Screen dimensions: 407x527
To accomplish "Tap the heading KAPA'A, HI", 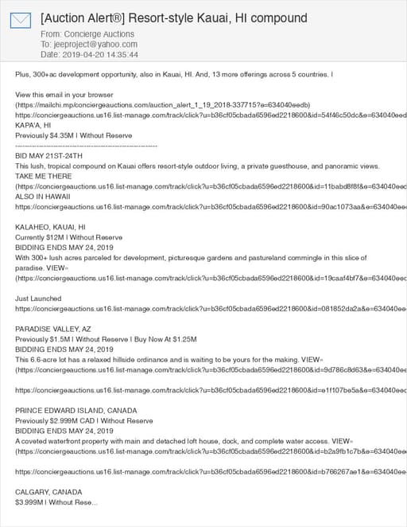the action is pos(33,125).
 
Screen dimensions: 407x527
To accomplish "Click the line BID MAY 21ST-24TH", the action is pos(48,156).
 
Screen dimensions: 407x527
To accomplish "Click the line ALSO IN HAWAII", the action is pos(43,196).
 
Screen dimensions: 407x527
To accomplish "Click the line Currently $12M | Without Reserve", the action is pos(69,237).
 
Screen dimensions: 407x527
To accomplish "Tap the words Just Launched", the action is pos(39,298).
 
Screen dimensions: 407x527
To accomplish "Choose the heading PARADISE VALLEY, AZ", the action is pos(53,328).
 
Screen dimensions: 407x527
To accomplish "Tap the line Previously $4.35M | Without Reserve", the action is pos(72,135).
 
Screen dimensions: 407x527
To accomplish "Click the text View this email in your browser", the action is pos(64,95).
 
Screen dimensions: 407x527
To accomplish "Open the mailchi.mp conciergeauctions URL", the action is pos(163,105).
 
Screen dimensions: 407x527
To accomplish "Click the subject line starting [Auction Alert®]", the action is pos(173,18).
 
